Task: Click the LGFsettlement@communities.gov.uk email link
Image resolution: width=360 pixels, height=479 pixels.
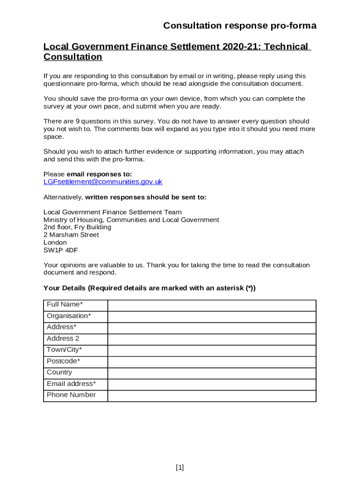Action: click(103, 182)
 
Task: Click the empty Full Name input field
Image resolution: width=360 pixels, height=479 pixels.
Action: click(212, 305)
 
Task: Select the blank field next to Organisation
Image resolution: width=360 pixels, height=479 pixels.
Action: click(212, 317)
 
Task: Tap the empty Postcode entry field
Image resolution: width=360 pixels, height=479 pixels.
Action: click(212, 362)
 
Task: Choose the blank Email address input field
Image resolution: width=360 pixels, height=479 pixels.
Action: click(212, 385)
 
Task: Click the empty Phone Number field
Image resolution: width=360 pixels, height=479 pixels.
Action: click(212, 396)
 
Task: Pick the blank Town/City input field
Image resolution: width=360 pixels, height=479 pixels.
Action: click(212, 350)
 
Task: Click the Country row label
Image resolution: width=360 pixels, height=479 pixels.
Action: click(59, 372)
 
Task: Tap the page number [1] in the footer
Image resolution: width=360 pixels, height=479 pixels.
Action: click(180, 467)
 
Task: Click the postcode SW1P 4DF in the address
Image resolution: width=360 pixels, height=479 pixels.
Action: click(61, 250)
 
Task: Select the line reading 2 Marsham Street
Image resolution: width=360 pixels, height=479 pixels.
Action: click(71, 235)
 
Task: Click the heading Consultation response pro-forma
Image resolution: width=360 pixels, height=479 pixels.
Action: click(240, 26)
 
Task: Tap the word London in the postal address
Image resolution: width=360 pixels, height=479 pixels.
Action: click(55, 242)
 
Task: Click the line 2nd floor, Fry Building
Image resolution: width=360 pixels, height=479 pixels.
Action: click(77, 227)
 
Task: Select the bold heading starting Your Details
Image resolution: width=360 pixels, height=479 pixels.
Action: click(150, 288)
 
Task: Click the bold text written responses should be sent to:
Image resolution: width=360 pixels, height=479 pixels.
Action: click(145, 197)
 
